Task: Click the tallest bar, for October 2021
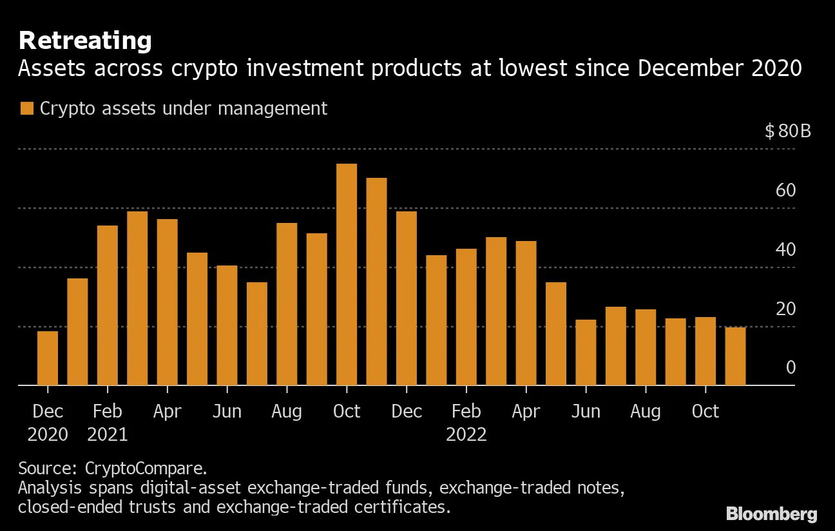pos(347,275)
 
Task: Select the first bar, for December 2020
pos(48,358)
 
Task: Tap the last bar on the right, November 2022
pos(735,356)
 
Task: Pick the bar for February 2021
pos(108,305)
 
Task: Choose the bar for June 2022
pos(586,352)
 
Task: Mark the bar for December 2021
pos(407,298)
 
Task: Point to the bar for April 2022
pos(526,313)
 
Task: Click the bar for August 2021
pos(287,304)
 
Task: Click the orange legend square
pos(26,109)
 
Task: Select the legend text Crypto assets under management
pos(184,108)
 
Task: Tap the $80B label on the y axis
pos(787,131)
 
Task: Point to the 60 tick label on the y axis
pos(786,191)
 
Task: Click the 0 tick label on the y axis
pos(791,367)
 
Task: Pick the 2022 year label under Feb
pos(466,434)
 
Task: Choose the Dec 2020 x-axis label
pos(48,423)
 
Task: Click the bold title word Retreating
pos(85,41)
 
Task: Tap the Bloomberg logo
pos(771,514)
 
